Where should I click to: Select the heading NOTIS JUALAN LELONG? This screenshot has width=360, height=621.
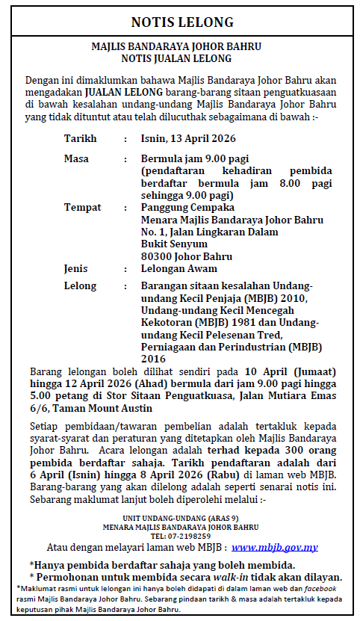181,58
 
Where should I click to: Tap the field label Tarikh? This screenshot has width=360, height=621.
81,139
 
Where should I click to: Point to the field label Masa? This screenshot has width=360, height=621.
76,159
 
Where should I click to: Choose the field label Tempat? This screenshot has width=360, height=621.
82,207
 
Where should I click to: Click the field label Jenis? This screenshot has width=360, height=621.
76,268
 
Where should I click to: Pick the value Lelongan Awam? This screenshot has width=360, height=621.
179,268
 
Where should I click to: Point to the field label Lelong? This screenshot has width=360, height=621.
80,286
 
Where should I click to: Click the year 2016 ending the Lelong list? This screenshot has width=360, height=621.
154,358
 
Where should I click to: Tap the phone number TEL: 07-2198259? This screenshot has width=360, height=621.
181,536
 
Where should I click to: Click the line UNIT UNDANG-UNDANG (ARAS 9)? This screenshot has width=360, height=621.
181,518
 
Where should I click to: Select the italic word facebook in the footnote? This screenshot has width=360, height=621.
320,589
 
